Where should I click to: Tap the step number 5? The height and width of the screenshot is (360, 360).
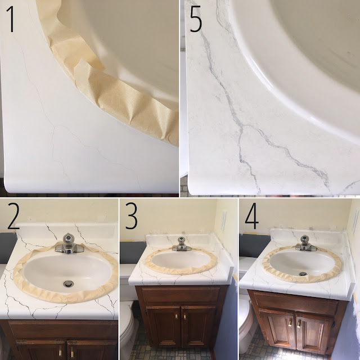coord(196,19)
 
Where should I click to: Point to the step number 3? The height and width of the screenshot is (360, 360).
coord(131,216)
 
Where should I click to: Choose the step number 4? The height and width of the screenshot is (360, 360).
coord(251,216)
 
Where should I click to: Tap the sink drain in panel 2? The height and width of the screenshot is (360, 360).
coord(69,283)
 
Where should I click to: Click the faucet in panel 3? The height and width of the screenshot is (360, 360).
coord(181,244)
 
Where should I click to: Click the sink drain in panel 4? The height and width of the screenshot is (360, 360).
coord(303,274)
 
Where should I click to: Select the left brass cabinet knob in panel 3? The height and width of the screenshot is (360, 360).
coord(176,316)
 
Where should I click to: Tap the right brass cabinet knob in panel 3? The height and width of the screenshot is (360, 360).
coord(184,317)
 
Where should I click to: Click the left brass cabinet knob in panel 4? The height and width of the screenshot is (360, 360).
coord(290,322)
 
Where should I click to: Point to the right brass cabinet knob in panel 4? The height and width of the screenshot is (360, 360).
coord(299,324)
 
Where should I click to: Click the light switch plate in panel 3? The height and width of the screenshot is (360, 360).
coord(224,221)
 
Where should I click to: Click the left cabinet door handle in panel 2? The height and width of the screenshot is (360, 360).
coord(60,350)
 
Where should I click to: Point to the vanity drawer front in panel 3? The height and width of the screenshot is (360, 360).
coord(181,295)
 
